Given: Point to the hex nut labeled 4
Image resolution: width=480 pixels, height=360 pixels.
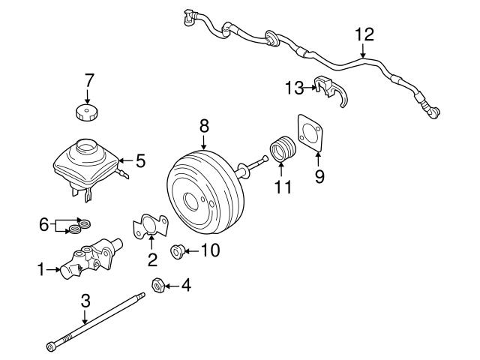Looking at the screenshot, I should [x=158, y=285].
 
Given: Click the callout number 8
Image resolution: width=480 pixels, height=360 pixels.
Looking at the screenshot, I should [x=203, y=127].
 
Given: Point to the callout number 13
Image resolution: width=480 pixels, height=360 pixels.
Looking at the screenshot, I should [x=292, y=88].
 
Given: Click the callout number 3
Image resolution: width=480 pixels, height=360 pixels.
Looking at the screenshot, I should [x=85, y=301].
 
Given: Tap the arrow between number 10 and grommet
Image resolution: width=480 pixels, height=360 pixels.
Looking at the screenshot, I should [x=192, y=251].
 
